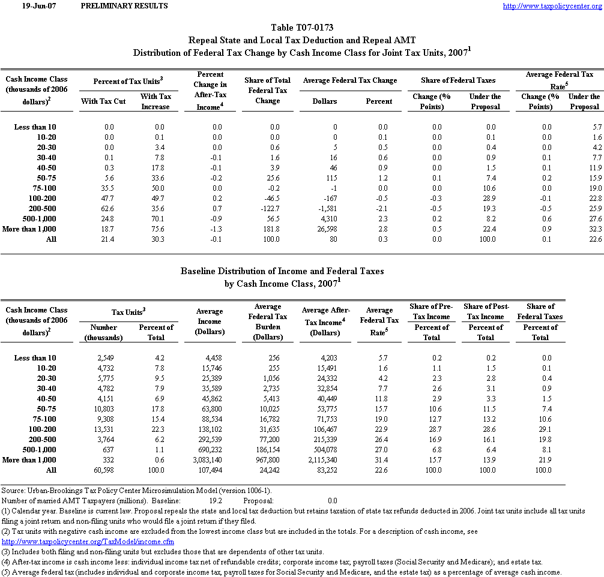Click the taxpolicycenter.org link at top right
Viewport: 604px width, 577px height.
(552, 6)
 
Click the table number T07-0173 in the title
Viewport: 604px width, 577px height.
(302, 28)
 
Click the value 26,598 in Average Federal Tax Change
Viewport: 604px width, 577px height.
(325, 229)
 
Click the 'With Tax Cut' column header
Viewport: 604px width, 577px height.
(103, 101)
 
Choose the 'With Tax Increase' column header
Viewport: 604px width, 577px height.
(156, 101)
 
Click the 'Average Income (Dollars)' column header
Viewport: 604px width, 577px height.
(210, 321)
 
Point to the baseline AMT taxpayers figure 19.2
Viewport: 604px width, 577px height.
(216, 500)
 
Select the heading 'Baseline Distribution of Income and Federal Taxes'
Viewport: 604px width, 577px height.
(282, 271)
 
